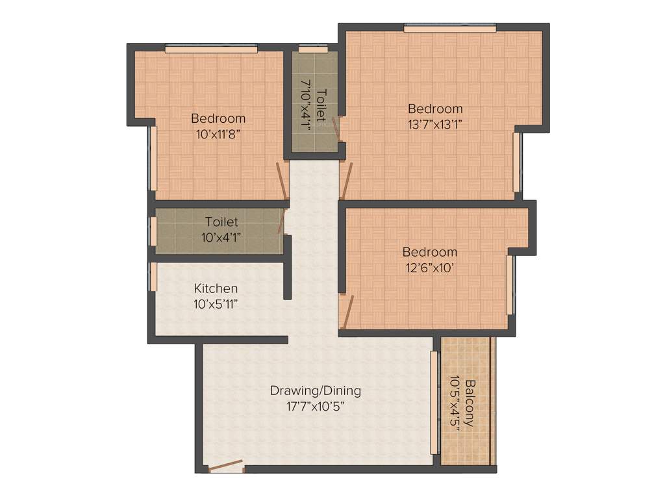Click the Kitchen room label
click(216, 288)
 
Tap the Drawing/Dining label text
click(316, 391)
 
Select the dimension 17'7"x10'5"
click(316, 407)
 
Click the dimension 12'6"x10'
click(429, 266)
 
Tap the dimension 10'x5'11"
click(216, 303)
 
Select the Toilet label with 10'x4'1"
click(221, 222)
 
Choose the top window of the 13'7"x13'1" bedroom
click(449, 28)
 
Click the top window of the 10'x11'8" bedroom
click(210, 48)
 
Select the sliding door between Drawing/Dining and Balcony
click(434, 403)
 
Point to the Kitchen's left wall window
click(153, 277)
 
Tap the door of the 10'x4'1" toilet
click(282, 221)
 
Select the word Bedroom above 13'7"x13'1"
click(434, 109)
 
